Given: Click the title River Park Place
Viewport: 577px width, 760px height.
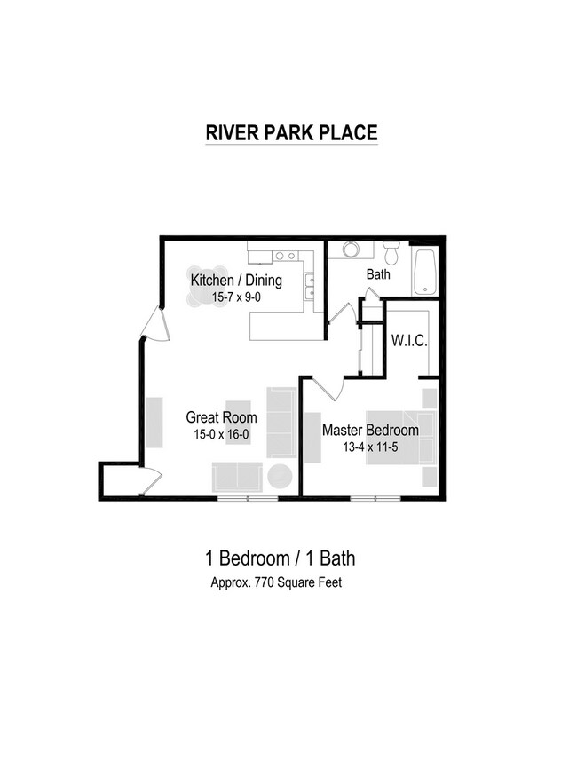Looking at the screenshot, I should [x=291, y=132].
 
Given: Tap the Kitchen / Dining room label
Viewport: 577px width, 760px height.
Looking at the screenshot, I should [x=236, y=281].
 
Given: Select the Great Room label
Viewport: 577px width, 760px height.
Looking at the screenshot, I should [x=221, y=417].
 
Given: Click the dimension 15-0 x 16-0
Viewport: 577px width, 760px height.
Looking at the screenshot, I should [x=221, y=434].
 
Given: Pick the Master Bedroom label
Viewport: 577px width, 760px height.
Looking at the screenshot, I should [x=369, y=430].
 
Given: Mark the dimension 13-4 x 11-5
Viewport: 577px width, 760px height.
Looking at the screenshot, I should [x=369, y=447].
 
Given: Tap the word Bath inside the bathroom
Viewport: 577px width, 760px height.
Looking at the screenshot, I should [x=378, y=274].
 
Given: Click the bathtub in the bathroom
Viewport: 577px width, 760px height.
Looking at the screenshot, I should [x=426, y=272].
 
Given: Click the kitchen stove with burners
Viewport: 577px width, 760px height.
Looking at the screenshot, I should [x=285, y=256].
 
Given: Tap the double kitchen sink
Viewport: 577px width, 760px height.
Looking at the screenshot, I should [x=309, y=286].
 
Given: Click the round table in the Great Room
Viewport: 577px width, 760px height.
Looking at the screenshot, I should [x=281, y=477].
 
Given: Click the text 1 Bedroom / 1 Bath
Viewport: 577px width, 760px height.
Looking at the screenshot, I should [x=281, y=558].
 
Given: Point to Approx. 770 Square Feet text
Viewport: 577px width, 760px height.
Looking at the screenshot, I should [x=276, y=583].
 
